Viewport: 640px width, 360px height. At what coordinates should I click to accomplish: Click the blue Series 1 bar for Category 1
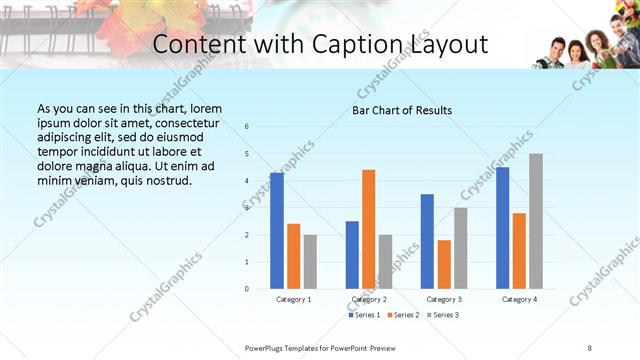(277, 231)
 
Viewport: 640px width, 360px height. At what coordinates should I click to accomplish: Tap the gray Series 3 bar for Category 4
(536, 221)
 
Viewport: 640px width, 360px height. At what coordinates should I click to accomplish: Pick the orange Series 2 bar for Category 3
(443, 264)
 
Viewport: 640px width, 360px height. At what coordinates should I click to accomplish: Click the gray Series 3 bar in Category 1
(310, 262)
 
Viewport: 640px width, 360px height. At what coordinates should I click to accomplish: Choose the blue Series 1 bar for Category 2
(352, 255)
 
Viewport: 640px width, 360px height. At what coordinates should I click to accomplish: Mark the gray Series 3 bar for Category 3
(460, 248)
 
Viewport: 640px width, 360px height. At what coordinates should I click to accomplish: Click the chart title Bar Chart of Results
(402, 110)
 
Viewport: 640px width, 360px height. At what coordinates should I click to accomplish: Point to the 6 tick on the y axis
(247, 127)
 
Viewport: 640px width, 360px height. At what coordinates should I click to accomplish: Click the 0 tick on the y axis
(247, 289)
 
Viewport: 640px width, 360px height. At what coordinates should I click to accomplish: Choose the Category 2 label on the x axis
(369, 299)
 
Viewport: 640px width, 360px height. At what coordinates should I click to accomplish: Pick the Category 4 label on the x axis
(519, 299)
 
